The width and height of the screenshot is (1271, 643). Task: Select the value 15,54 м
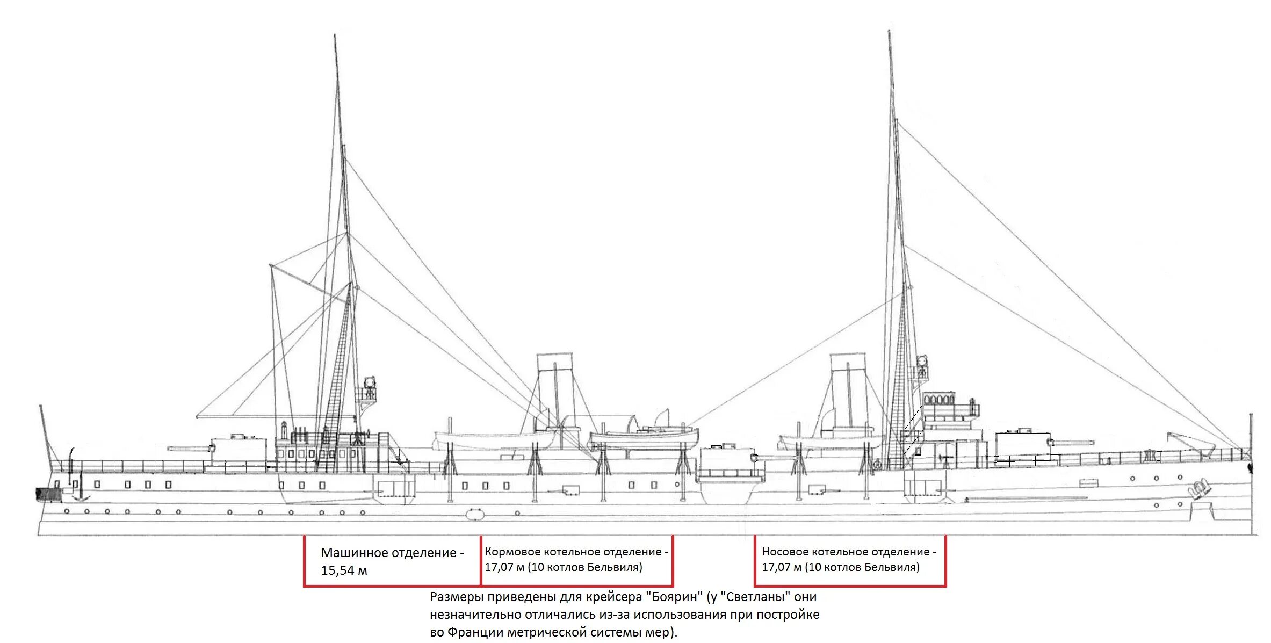point(344,570)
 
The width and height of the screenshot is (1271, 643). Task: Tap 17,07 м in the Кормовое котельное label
point(504,567)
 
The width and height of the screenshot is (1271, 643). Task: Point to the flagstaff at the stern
point(45,435)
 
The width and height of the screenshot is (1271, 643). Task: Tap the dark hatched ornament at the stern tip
point(41,494)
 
